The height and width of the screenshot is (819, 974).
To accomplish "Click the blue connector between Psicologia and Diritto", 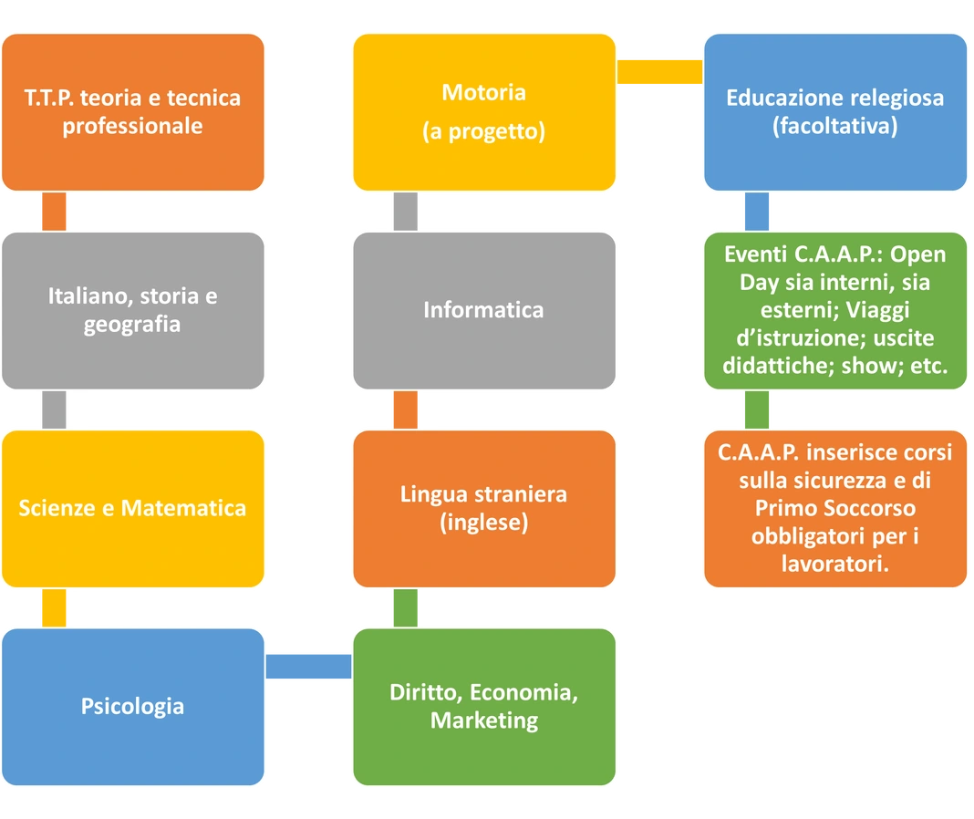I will (308, 668).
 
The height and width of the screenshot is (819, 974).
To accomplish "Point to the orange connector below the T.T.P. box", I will (56, 212).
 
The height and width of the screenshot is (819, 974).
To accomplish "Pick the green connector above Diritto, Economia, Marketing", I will (404, 607).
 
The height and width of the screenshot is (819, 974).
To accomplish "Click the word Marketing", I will (483, 721).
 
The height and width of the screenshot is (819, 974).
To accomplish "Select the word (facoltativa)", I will (834, 127).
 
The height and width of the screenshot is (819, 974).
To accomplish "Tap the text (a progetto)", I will (483, 131).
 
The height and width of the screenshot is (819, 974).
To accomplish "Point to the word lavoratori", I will (834, 565).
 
